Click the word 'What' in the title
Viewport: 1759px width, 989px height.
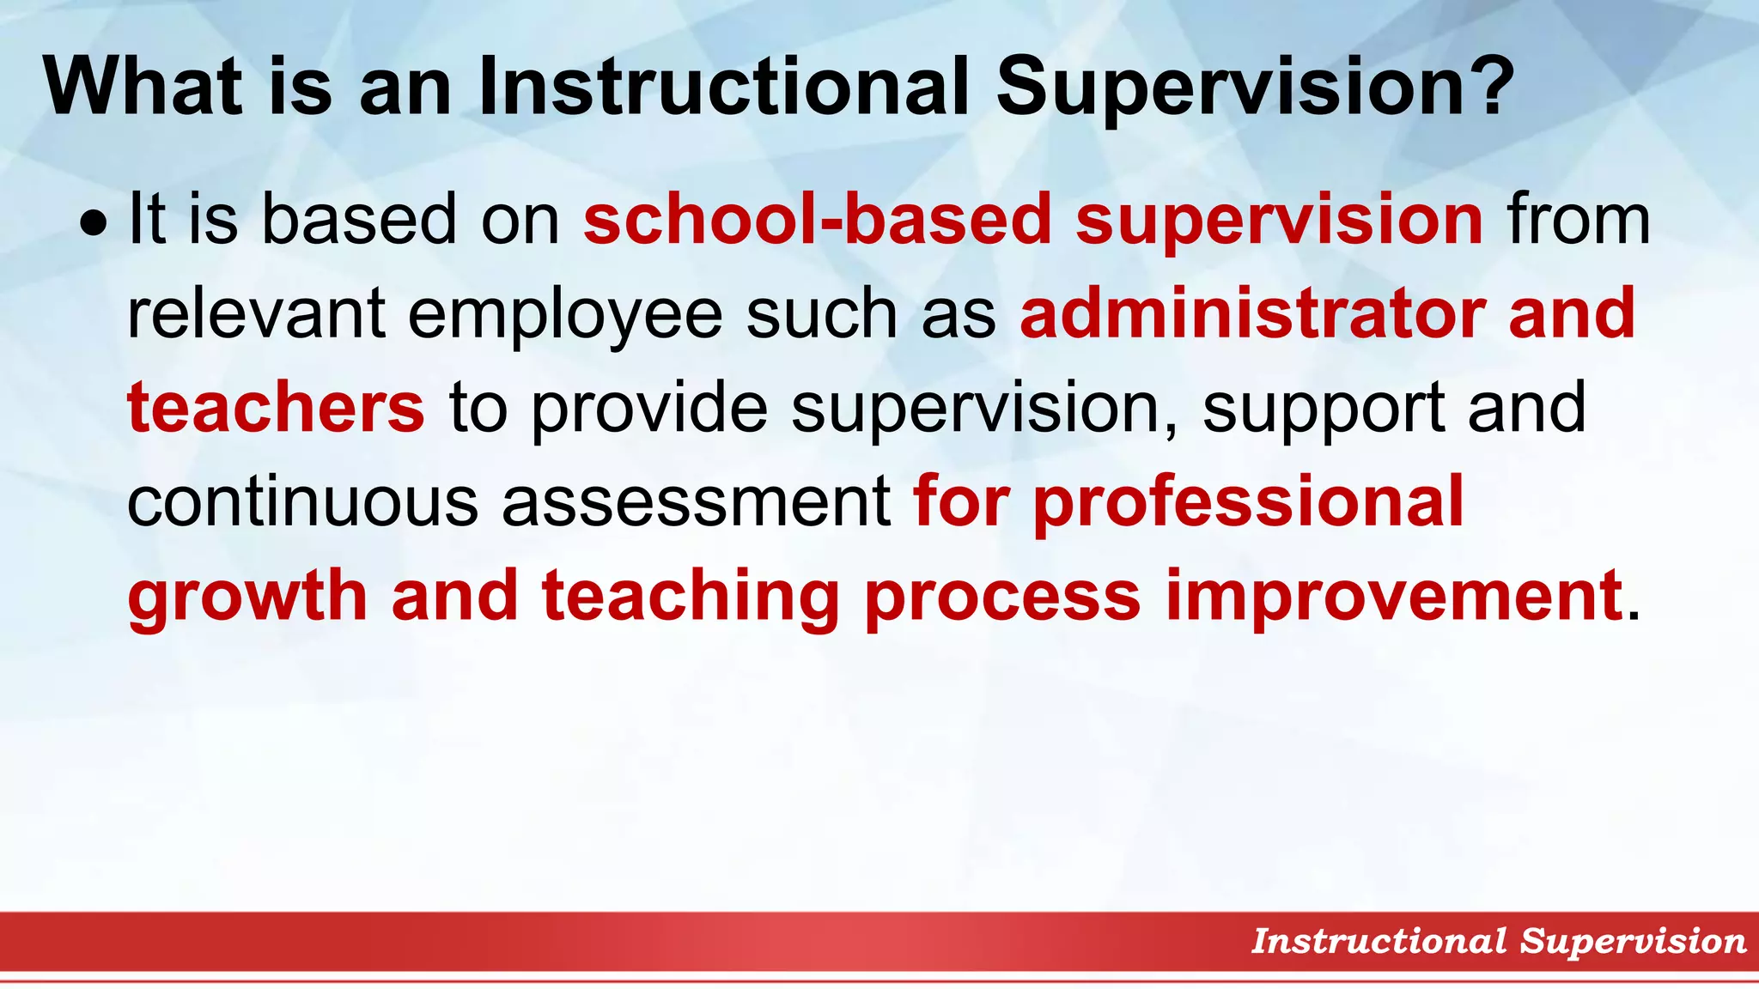(x=143, y=86)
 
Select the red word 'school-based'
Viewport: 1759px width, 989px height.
(x=817, y=219)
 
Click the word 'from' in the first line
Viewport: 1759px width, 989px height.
(x=1579, y=219)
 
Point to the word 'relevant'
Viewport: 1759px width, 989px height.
(x=255, y=313)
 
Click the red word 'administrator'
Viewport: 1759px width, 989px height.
(x=1252, y=313)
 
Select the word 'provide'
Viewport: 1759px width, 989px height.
(x=648, y=409)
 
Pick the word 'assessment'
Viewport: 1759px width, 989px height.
(x=697, y=503)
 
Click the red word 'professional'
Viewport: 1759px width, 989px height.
(x=1248, y=503)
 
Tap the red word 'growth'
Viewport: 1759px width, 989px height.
(x=247, y=598)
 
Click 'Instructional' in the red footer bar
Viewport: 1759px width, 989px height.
(x=1379, y=941)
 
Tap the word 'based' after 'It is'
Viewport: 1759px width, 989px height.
(x=359, y=219)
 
